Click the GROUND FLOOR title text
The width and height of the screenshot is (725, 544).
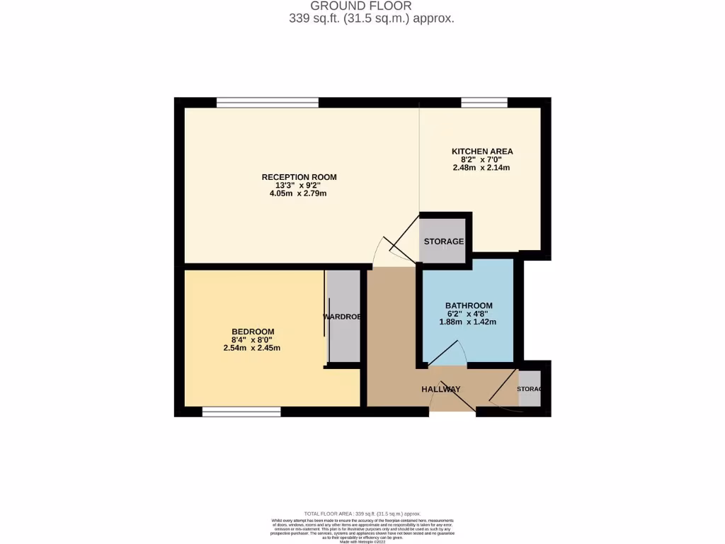click(x=371, y=6)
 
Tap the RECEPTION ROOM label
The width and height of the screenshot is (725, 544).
click(x=299, y=177)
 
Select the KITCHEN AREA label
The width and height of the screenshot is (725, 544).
click(x=482, y=151)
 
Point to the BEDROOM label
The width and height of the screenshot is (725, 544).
click(x=253, y=331)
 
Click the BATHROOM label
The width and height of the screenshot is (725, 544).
click(x=468, y=305)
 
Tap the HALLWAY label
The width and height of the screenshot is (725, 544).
click(x=440, y=390)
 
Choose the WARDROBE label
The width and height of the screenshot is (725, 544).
click(x=343, y=317)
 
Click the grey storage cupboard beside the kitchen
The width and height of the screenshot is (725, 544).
click(x=444, y=241)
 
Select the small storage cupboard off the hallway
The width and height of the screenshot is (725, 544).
click(x=529, y=389)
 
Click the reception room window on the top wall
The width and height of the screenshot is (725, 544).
click(x=267, y=103)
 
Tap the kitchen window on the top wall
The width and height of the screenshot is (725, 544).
click(x=484, y=103)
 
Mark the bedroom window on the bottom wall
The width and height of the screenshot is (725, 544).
click(x=241, y=411)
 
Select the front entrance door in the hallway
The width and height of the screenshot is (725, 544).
click(x=453, y=400)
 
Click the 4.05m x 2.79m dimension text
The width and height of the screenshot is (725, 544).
click(x=299, y=193)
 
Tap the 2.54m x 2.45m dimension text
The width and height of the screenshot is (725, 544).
click(x=253, y=348)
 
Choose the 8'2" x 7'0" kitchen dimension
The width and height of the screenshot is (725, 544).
click(x=481, y=159)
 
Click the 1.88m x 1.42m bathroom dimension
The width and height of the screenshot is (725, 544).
click(x=468, y=322)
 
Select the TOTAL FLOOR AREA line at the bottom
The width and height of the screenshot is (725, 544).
click(x=362, y=514)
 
